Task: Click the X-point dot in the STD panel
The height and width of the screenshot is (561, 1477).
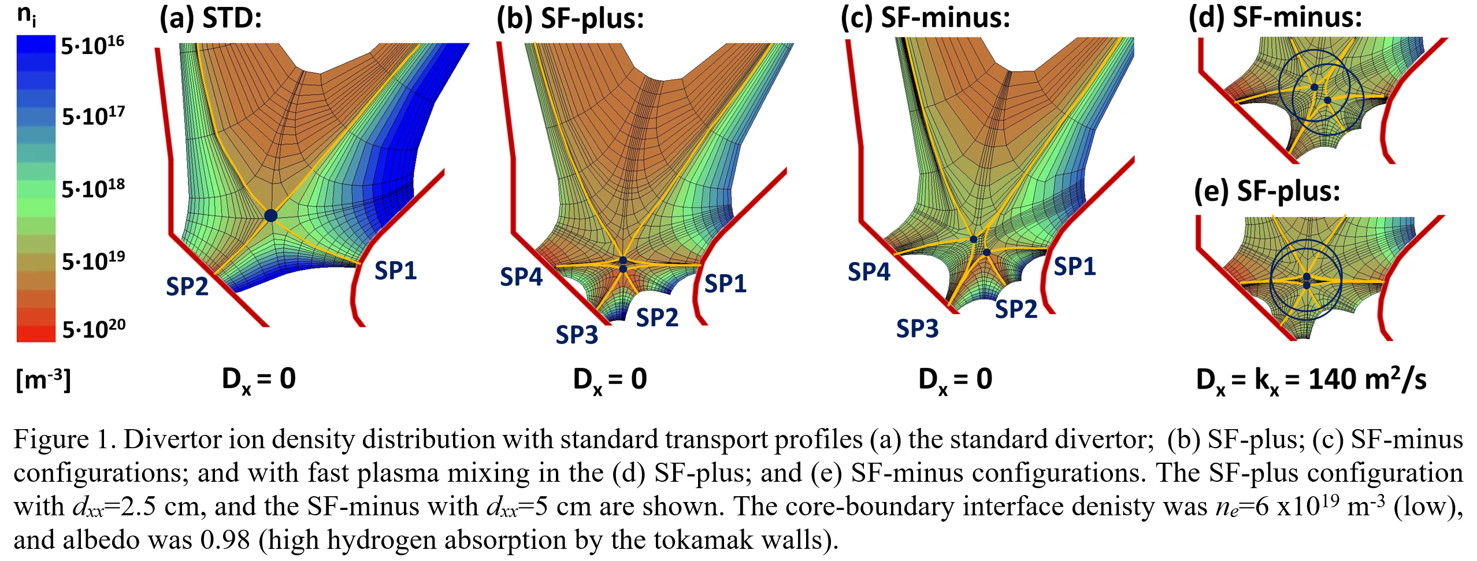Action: tap(270, 215)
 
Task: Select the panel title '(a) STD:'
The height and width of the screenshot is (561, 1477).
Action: tap(211, 18)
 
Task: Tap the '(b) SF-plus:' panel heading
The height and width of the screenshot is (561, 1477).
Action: tap(570, 18)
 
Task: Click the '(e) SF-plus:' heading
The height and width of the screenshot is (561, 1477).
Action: tap(1267, 190)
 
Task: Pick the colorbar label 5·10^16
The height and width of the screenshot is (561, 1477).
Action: tap(92, 45)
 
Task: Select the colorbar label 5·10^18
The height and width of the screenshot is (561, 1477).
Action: tap(93, 189)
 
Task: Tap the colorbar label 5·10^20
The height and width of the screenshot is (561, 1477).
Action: tap(94, 329)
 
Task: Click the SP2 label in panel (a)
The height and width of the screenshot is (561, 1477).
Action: tap(187, 286)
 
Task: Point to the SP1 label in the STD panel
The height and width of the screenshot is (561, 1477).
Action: tap(396, 270)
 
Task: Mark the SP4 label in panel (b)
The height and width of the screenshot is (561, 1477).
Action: tap(521, 276)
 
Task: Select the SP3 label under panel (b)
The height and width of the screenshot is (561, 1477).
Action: tap(577, 334)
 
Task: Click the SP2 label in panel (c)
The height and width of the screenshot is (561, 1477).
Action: tap(1016, 309)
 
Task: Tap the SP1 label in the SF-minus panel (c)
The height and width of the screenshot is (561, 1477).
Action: tap(1075, 266)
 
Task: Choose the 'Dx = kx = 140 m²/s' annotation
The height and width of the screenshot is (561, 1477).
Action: tap(1311, 380)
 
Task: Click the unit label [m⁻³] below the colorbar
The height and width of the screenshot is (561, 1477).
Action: tap(43, 379)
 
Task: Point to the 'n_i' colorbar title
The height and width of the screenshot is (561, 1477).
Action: tap(27, 16)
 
